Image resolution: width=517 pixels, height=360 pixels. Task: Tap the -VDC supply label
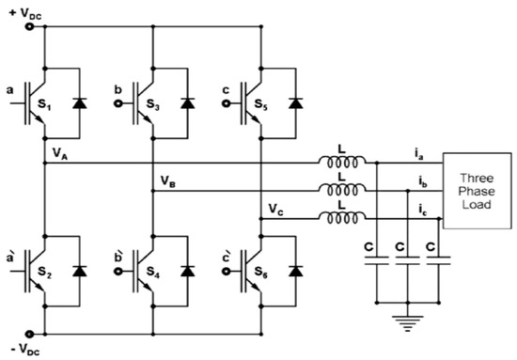pos(23,350)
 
